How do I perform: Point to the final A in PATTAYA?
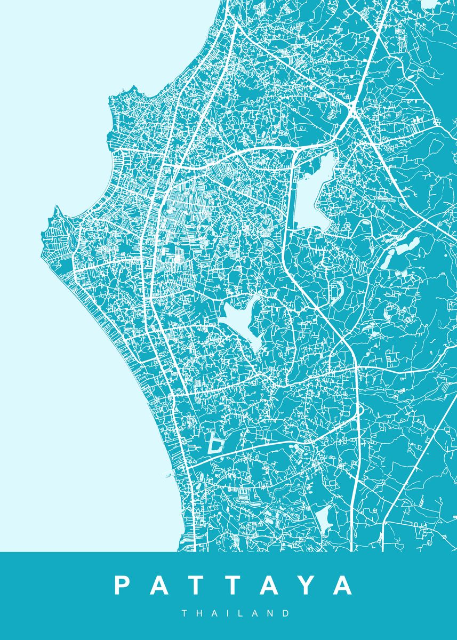(x=342, y=586)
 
